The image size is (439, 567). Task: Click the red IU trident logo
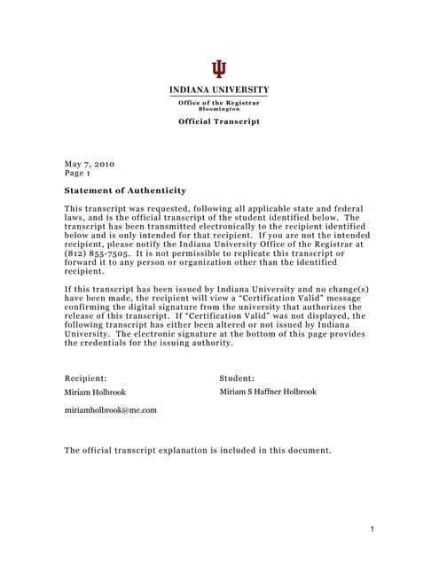[219, 69]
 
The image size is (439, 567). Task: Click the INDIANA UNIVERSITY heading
[219, 90]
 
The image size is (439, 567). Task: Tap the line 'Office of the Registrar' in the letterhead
[219, 103]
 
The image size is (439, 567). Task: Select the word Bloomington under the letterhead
[219, 109]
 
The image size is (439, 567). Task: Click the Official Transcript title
[219, 121]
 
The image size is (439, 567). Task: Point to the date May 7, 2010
[90, 164]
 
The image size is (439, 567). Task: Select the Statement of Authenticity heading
[125, 190]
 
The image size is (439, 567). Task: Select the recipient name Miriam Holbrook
[95, 392]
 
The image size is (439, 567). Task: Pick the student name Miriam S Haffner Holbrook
[268, 392]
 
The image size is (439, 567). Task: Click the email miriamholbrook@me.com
[110, 410]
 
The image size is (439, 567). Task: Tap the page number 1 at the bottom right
[373, 529]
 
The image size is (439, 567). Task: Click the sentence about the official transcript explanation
[198, 450]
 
